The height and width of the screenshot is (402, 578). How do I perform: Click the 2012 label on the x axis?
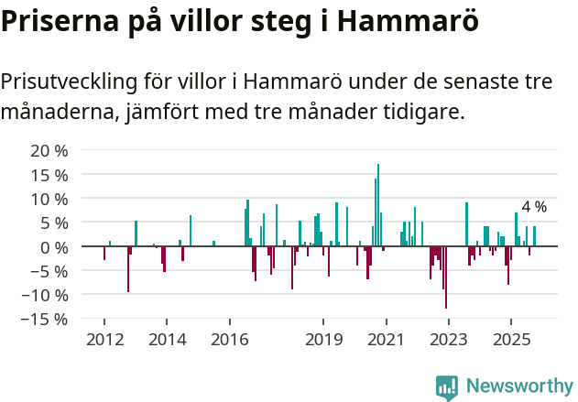pyautogui.click(x=104, y=340)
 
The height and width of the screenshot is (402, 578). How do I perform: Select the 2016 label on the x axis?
pyautogui.click(x=229, y=340)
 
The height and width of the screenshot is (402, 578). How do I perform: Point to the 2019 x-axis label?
pyautogui.click(x=323, y=340)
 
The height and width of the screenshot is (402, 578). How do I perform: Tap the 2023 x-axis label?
pyautogui.click(x=449, y=340)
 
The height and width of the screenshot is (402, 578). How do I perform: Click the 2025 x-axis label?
pyautogui.click(x=511, y=340)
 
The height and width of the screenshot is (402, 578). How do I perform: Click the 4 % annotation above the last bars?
pyautogui.click(x=534, y=207)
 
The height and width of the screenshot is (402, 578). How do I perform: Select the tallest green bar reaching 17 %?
pyautogui.click(x=378, y=206)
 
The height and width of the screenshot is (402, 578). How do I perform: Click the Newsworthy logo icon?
pyautogui.click(x=447, y=387)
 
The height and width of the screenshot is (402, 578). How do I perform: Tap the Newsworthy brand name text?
pyautogui.click(x=518, y=386)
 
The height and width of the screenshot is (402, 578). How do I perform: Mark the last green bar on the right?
pyautogui.click(x=534, y=236)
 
